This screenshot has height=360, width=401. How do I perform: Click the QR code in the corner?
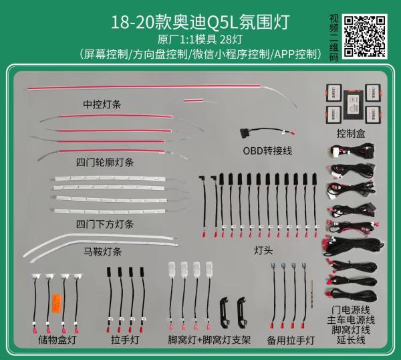364,36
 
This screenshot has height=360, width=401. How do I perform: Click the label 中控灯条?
102,104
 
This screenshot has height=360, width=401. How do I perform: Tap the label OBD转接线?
267,151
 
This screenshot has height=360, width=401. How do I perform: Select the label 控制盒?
351,133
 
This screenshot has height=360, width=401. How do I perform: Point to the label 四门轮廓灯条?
105,163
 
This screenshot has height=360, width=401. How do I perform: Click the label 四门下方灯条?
105,224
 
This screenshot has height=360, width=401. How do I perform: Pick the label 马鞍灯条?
102,252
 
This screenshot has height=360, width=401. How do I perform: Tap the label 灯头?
263,250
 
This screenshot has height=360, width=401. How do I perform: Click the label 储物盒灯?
57,340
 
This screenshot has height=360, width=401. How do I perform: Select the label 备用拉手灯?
291,341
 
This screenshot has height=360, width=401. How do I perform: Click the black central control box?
353,105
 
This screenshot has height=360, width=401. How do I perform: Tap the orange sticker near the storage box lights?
57,303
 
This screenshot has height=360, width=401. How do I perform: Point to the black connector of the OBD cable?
245,133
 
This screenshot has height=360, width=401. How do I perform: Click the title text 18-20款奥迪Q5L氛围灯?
200,22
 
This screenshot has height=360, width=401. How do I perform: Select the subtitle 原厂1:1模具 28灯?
200,39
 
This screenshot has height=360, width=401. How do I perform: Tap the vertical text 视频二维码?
333,37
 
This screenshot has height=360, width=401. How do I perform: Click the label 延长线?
351,340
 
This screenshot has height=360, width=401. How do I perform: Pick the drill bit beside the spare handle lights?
311,294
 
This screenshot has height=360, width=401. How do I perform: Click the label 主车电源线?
351,320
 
